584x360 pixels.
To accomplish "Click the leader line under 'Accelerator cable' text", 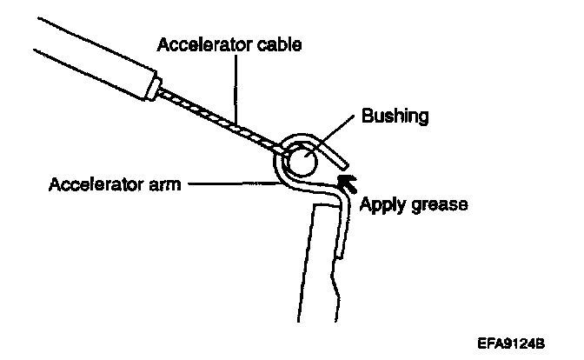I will [x=236, y=88].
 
